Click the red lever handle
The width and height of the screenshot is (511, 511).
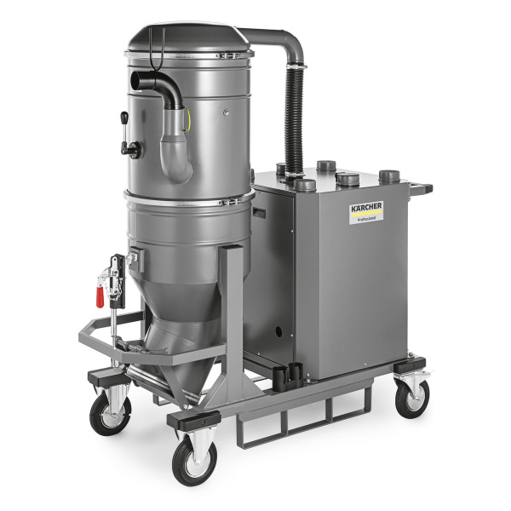[x=100, y=295]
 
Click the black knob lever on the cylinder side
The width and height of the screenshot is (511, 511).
[x=130, y=150]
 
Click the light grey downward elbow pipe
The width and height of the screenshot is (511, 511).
[x=176, y=149]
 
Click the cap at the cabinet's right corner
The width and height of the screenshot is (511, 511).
[x=389, y=176]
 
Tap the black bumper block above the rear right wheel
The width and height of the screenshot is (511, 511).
[x=411, y=366]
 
